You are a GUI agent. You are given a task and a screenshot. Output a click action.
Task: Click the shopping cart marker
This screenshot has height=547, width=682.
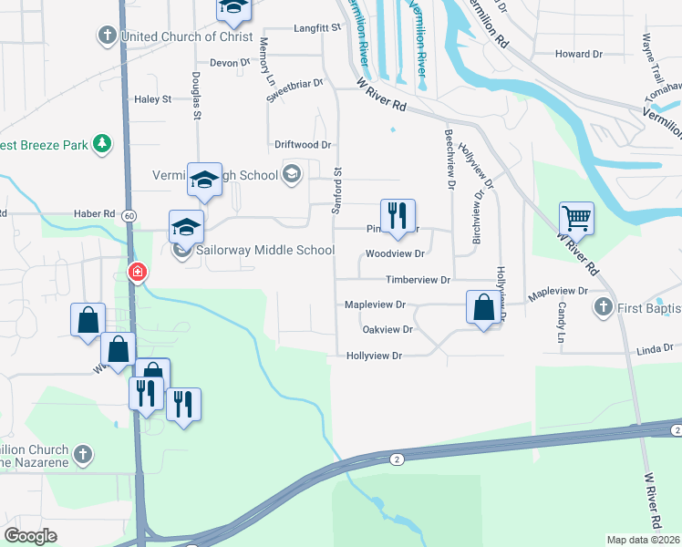(576, 219)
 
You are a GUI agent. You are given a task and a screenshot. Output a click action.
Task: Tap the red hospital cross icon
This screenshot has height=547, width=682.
(138, 272)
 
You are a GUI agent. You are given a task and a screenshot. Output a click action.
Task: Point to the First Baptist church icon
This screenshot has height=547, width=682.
(602, 308)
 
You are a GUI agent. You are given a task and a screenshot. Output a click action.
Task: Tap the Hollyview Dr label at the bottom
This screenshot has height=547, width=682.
(374, 356)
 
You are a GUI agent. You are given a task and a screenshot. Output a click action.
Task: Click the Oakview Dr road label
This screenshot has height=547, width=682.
(387, 329)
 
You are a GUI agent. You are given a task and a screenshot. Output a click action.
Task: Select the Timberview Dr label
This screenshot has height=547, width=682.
(418, 280)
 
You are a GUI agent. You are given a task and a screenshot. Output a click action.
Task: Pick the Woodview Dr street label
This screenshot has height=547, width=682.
(395, 254)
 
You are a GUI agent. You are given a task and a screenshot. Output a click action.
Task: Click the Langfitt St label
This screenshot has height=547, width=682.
(316, 29)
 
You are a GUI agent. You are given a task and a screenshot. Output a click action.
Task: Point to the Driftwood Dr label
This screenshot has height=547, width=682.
(303, 145)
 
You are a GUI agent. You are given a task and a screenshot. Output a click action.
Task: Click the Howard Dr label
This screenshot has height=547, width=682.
(579, 54)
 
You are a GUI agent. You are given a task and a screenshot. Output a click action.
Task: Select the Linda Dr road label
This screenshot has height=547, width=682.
(654, 348)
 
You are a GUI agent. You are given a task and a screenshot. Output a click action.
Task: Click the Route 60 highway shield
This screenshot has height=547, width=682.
(130, 215)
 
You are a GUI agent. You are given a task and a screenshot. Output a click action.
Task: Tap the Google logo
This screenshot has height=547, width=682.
(30, 536)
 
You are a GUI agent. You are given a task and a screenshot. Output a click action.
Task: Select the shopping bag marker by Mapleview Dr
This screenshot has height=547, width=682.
(483, 307)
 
